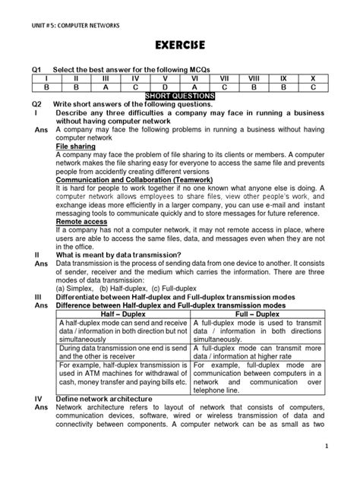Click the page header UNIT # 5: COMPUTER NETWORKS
[64, 13]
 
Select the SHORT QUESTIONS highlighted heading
[180, 96]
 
